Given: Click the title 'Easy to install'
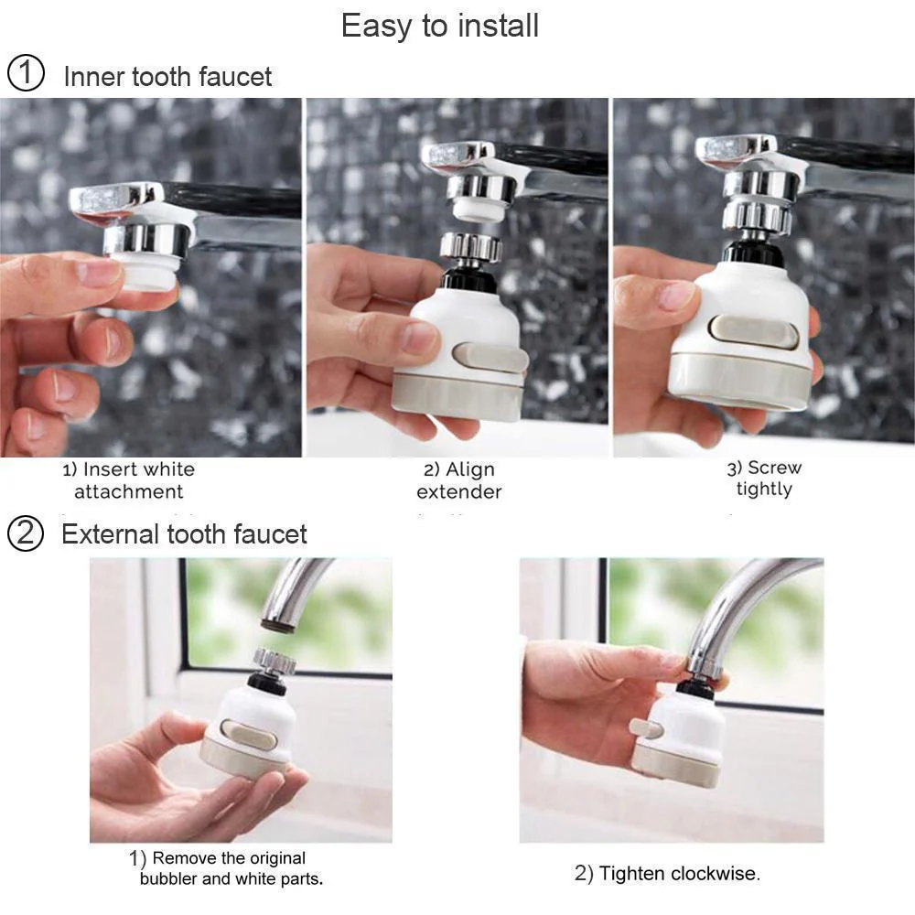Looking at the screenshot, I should point(439,26).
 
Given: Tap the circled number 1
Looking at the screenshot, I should point(26,73).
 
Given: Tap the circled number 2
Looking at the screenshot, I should point(26,533).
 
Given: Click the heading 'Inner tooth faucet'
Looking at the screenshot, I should point(167,76).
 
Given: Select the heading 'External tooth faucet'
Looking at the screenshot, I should point(184,533).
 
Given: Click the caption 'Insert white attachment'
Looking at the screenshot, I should point(128,480).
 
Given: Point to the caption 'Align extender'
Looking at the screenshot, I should point(459,480).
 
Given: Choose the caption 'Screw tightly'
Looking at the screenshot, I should point(764,479).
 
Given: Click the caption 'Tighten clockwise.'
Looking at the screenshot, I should point(668,873).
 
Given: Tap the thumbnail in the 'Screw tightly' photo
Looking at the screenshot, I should point(675,296).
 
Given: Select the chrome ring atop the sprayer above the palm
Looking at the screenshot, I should point(274,660).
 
